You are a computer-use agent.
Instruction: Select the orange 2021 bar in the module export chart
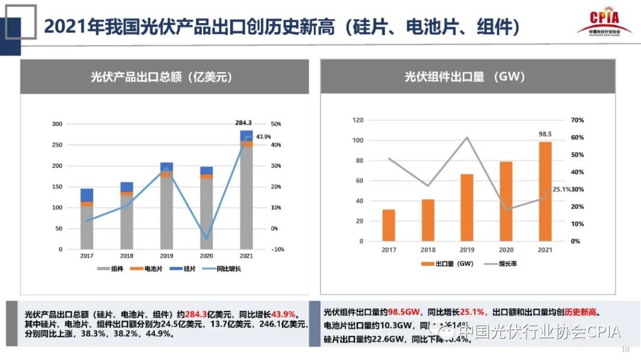click(x=545, y=191)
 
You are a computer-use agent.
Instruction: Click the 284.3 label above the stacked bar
click(x=243, y=123)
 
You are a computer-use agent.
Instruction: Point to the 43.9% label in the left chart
click(x=263, y=137)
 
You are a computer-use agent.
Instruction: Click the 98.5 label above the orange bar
click(x=545, y=134)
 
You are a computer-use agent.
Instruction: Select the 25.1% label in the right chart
click(x=561, y=189)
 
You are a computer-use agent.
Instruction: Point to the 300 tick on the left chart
click(x=57, y=124)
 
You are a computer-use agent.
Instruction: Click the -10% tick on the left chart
click(x=277, y=249)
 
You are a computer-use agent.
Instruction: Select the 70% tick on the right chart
click(x=577, y=120)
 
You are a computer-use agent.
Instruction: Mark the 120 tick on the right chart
click(x=357, y=120)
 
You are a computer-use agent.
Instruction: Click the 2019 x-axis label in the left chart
click(x=166, y=256)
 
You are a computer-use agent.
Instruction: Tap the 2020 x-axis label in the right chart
click(x=506, y=251)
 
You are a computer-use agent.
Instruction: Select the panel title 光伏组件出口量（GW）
click(x=465, y=77)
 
